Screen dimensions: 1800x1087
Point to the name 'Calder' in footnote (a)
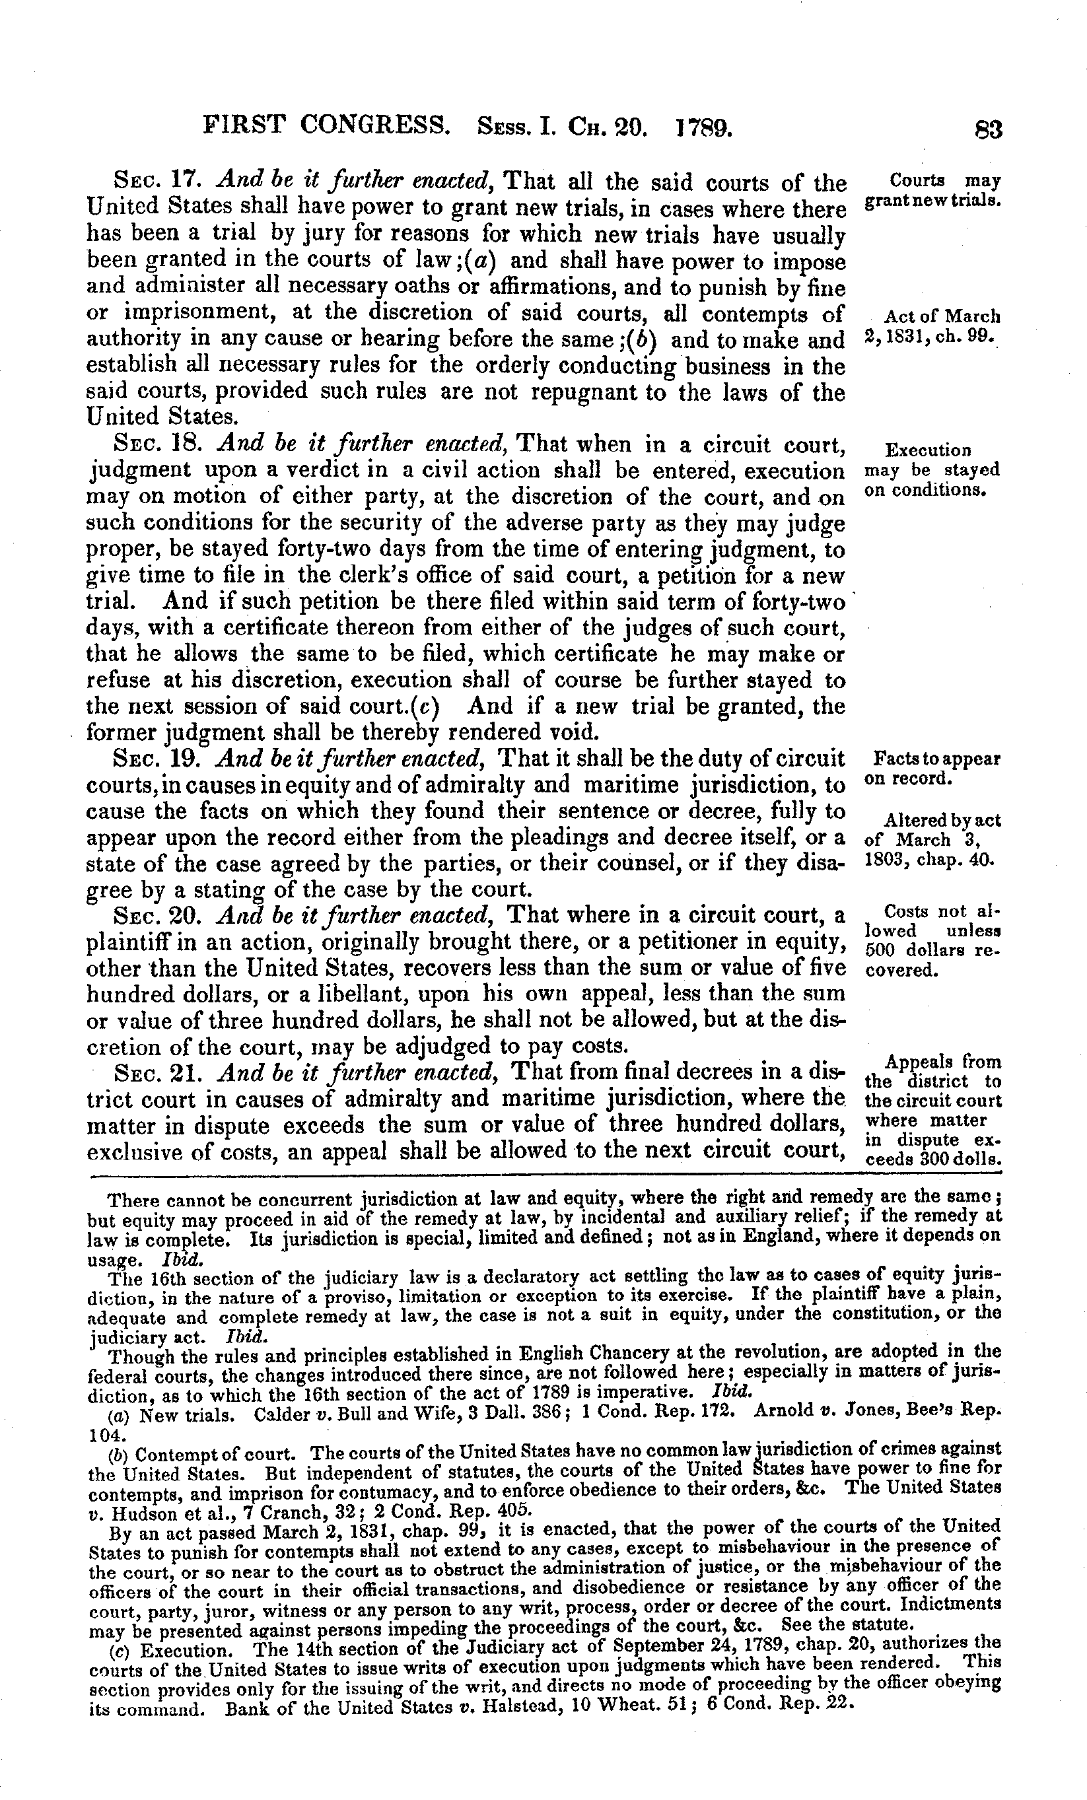pos(275,1414)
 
